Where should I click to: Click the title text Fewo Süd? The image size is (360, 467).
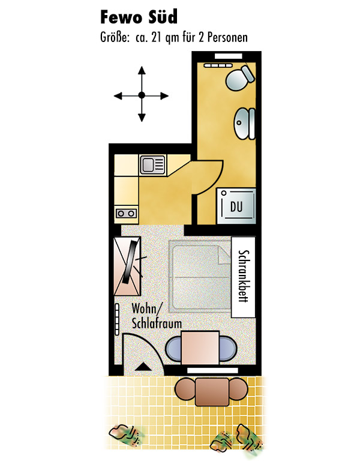tap(139, 17)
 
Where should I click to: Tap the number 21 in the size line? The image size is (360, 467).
tap(157, 38)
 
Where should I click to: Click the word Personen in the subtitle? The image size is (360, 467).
tap(227, 38)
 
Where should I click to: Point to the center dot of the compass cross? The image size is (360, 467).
tap(142, 95)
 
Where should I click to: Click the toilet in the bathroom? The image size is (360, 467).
tap(240, 77)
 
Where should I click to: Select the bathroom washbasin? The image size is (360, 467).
tap(245, 123)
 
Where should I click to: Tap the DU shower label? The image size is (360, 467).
tap(236, 206)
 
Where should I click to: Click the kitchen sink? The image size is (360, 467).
tap(152, 164)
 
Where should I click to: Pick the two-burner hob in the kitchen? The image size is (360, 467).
tap(126, 213)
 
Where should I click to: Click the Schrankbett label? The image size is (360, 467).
tap(243, 276)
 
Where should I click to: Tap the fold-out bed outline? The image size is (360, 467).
tap(200, 276)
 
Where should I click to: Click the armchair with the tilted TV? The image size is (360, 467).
tap(127, 266)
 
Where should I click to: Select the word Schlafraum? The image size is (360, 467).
tap(157, 324)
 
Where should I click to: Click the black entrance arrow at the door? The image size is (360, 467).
tap(143, 367)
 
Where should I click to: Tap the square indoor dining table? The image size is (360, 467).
tap(200, 348)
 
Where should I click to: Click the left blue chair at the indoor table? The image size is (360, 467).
tap(173, 348)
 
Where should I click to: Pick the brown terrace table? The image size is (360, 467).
tap(212, 391)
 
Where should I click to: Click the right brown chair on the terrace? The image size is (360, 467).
tap(239, 389)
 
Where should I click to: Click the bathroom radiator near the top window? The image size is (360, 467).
tap(218, 65)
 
